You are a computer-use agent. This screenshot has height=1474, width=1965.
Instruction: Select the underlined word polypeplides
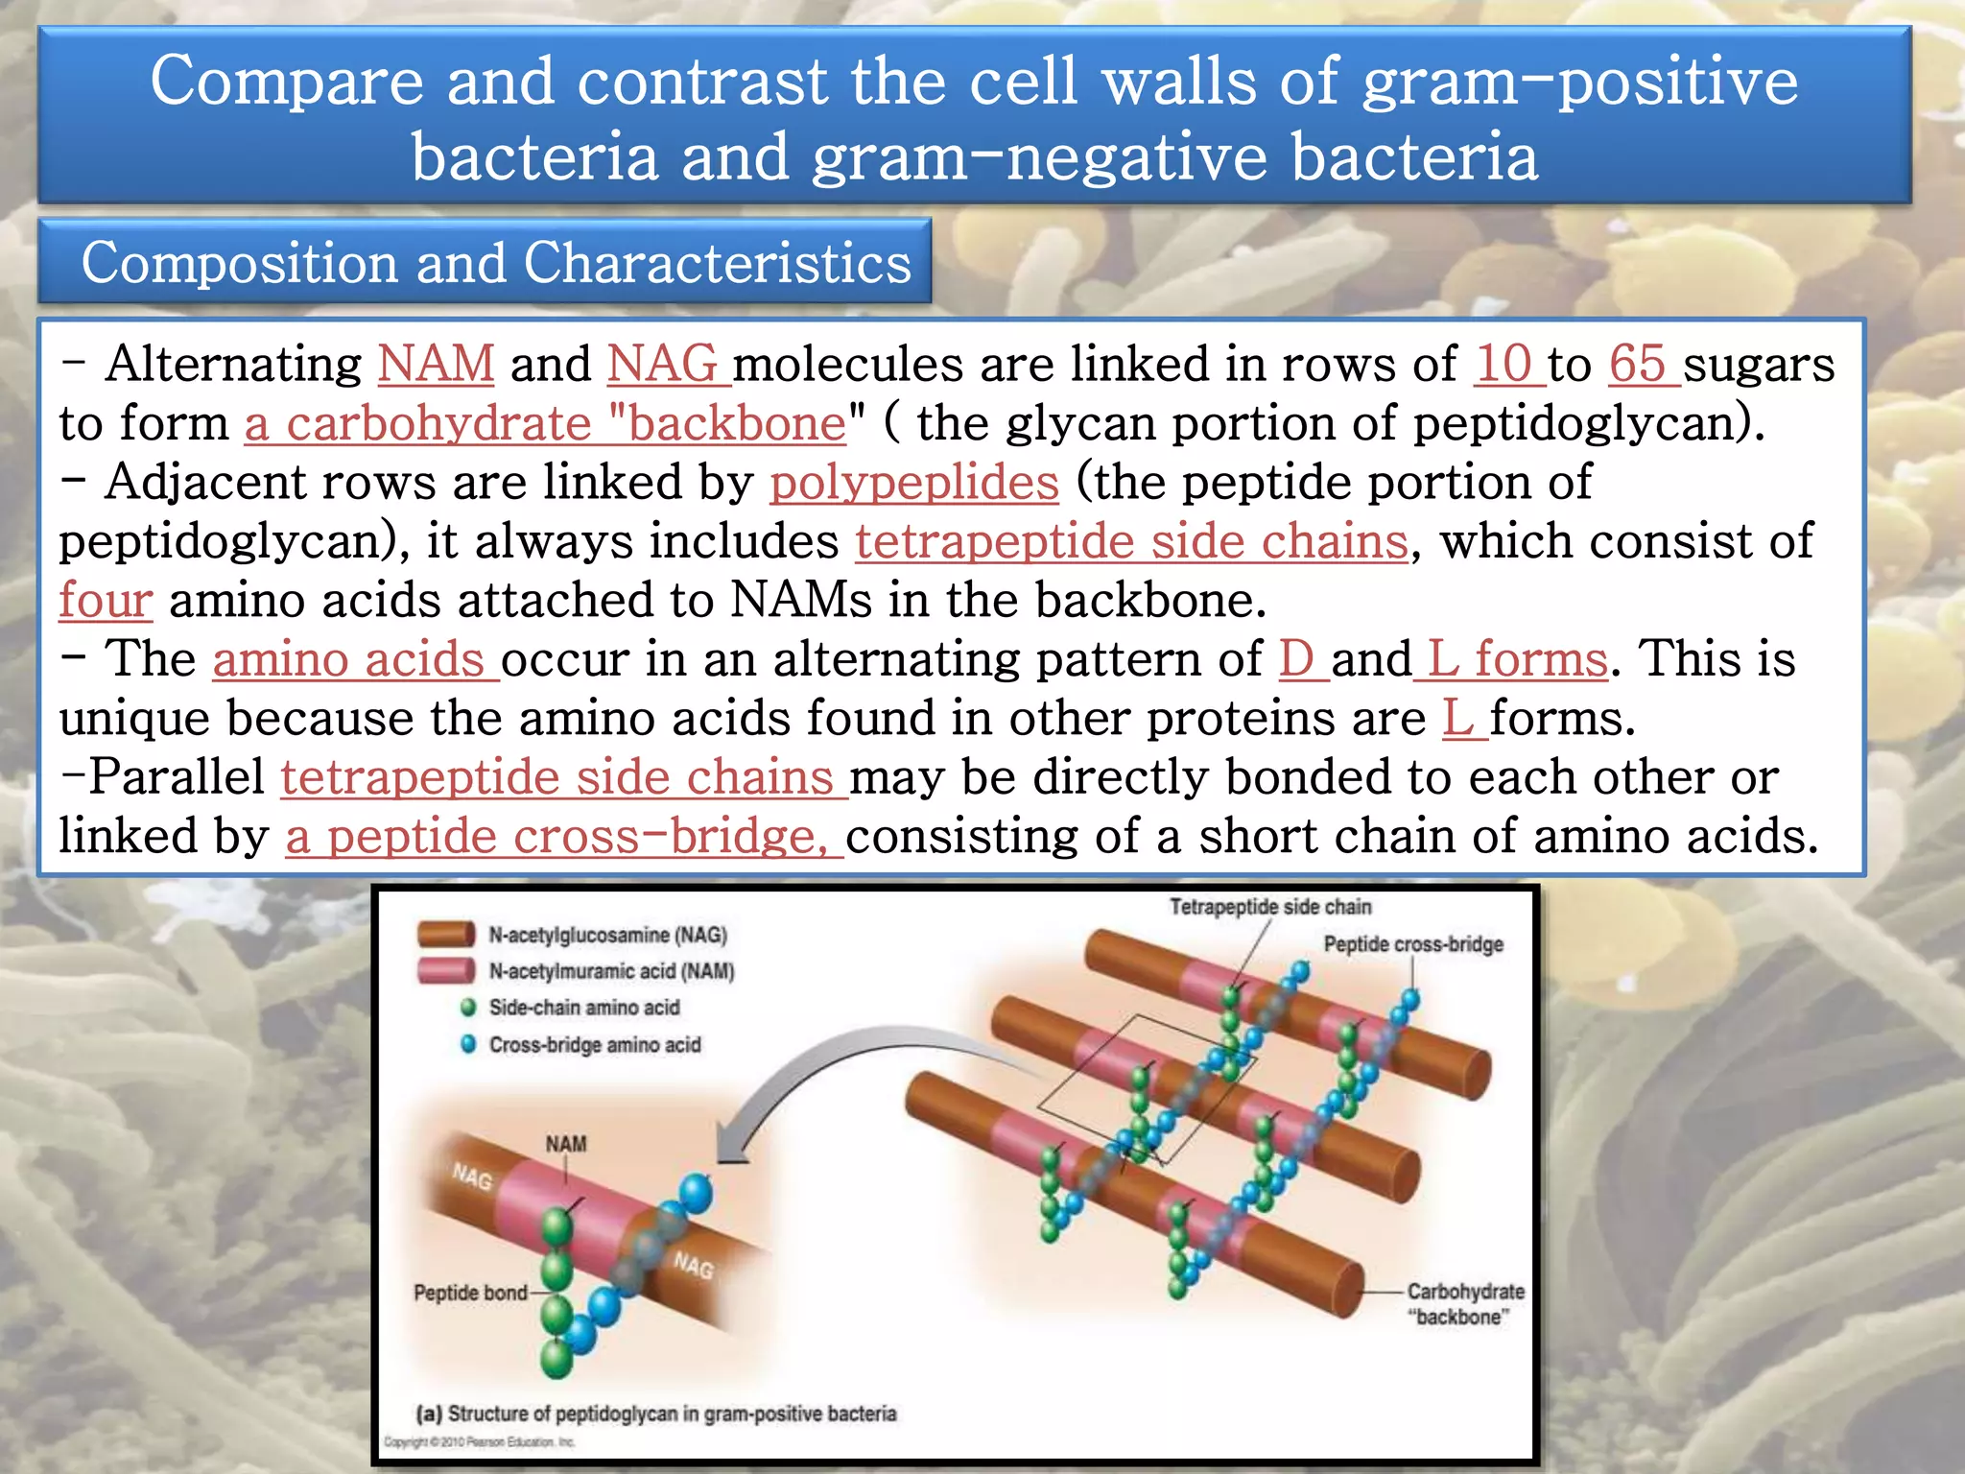click(x=914, y=483)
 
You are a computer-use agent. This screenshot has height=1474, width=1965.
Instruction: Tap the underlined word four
click(x=106, y=601)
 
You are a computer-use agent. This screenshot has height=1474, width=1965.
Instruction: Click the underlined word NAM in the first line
click(x=436, y=365)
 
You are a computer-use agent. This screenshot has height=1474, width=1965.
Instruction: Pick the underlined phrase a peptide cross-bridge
click(x=561, y=837)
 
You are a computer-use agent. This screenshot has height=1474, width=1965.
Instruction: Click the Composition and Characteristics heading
click(x=495, y=263)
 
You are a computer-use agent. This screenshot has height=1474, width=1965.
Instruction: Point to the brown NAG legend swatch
click(x=446, y=934)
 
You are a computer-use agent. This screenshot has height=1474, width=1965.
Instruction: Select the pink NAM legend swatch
click(x=446, y=970)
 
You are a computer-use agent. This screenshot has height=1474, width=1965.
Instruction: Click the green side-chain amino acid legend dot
click(x=468, y=1008)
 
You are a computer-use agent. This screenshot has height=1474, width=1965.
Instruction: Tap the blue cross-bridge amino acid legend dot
click(x=468, y=1044)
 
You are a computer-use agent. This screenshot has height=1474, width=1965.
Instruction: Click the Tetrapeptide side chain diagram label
click(x=1269, y=907)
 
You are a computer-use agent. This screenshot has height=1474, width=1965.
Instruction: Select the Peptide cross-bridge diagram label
click(x=1412, y=944)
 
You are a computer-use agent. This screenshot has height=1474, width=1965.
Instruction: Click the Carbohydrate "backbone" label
click(x=1464, y=1304)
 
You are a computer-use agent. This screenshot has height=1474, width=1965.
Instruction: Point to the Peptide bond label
click(x=470, y=1293)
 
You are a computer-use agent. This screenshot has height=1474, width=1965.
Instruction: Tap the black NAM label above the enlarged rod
click(x=566, y=1144)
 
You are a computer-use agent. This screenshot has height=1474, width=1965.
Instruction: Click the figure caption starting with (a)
click(x=655, y=1414)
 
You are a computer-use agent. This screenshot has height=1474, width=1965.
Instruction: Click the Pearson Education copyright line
click(x=479, y=1441)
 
